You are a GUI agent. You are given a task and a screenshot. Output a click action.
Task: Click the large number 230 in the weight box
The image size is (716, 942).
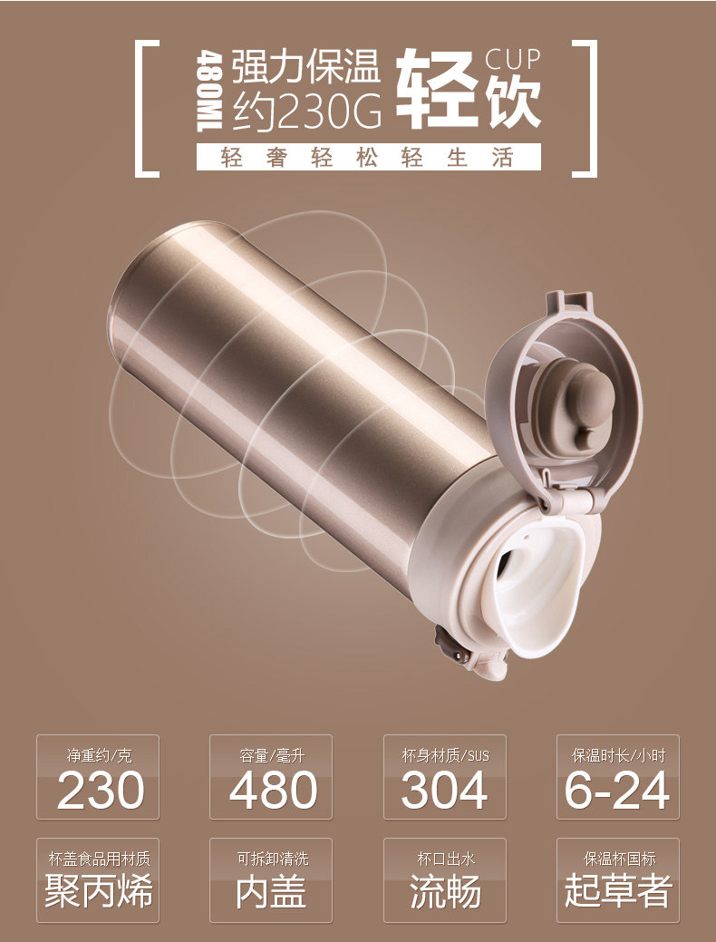(x=101, y=790)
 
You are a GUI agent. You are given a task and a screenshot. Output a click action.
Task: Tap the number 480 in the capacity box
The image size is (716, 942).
(x=274, y=790)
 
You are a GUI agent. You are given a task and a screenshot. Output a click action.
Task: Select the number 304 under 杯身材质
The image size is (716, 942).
(x=444, y=790)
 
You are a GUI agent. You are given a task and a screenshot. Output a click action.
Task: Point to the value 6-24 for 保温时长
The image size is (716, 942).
(x=617, y=790)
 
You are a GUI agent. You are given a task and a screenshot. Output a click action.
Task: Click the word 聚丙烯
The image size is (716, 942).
(x=99, y=890)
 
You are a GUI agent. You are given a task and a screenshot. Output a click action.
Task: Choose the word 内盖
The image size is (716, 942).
(x=271, y=890)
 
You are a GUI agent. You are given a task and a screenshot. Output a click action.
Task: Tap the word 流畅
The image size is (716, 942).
(x=444, y=890)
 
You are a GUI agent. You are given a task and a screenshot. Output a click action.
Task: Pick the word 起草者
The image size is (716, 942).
(x=617, y=890)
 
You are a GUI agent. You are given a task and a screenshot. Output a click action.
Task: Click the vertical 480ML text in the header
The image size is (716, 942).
(x=210, y=91)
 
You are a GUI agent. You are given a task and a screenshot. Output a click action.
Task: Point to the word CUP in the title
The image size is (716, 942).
(x=512, y=60)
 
